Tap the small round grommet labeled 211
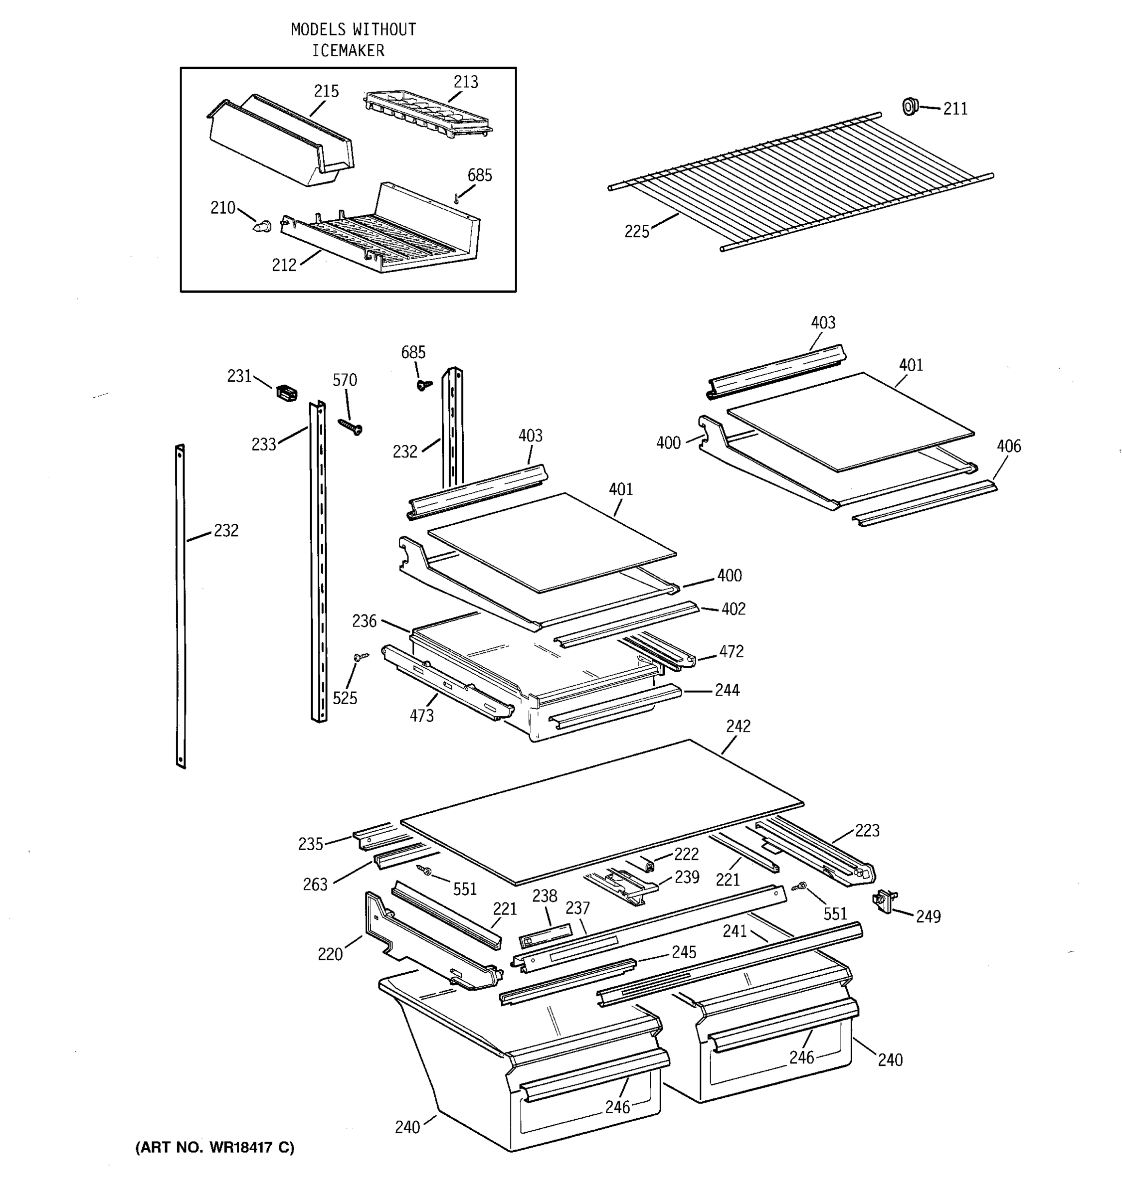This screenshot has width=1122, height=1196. coord(910,107)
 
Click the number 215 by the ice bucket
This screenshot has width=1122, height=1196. coord(326,92)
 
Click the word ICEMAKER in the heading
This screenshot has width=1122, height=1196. coord(348,50)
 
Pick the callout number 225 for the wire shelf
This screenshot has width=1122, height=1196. coord(637,232)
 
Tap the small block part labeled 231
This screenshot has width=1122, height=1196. coord(287,394)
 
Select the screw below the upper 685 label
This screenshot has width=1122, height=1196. coord(424,383)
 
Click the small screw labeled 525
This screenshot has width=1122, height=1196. coord(361,657)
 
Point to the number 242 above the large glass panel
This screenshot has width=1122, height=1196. coord(738,726)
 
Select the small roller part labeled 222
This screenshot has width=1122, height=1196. coord(648,865)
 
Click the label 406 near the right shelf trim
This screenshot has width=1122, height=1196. coord(1008,447)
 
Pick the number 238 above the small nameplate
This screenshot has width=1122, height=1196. coord(544,896)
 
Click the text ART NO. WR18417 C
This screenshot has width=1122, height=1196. coord(215,1148)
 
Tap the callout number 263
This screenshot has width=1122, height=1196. coord(315,885)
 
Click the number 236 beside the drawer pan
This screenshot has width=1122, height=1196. coord(364,621)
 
